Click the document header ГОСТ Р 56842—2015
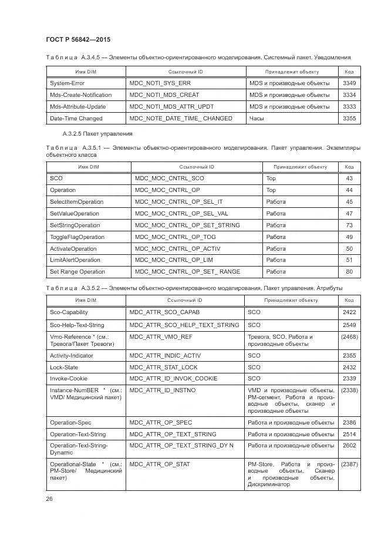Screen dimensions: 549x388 [77, 39]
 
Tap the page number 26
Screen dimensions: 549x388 [49, 499]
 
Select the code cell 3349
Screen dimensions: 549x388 [349, 83]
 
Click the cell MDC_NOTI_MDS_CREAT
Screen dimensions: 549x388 [164, 95]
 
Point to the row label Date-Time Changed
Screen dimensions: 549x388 [76, 118]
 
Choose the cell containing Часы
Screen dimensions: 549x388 [257, 118]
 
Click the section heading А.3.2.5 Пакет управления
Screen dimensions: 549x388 [89, 134]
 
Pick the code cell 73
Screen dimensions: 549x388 [349, 225]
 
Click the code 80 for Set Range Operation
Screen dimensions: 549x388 [349, 272]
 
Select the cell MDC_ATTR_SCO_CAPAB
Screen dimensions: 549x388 [165, 312]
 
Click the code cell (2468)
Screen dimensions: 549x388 [349, 337]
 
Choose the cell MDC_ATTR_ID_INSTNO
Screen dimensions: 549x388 [162, 390]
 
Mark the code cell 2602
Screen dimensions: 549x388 [349, 446]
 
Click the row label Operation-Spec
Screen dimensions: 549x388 [71, 423]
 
